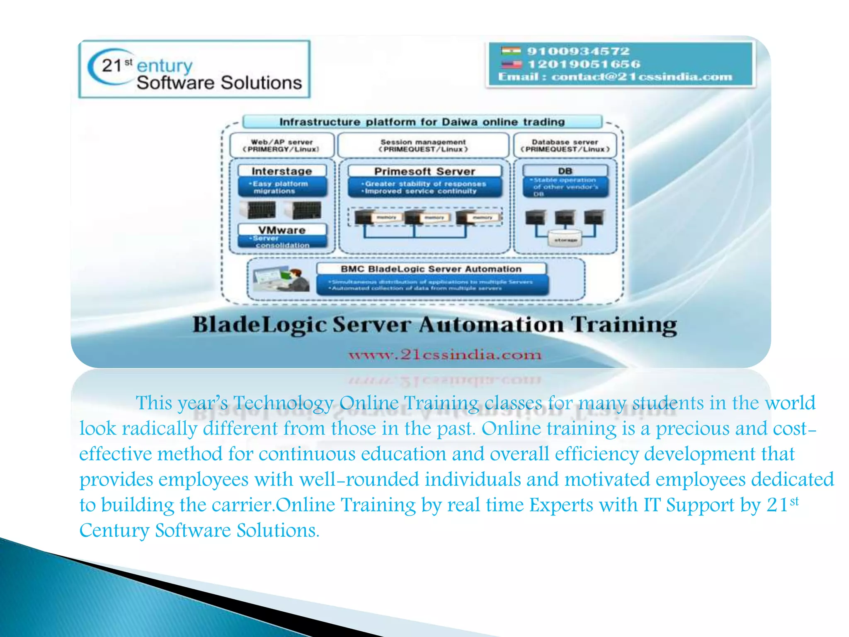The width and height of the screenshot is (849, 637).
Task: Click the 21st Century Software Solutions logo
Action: (194, 69)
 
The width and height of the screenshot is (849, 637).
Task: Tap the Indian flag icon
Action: (510, 51)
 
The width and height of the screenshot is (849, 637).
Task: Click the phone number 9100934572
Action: (578, 51)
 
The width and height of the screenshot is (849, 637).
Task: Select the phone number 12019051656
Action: (584, 64)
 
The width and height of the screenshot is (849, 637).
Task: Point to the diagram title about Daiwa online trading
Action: (422, 122)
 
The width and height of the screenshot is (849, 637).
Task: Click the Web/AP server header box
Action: (281, 145)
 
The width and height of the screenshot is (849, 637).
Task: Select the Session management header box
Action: (423, 145)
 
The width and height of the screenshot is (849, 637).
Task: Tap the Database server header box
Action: (565, 145)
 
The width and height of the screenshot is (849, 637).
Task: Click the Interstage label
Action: (281, 171)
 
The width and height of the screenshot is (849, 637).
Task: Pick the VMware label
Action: (281, 230)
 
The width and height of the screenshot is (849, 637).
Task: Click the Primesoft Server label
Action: (424, 171)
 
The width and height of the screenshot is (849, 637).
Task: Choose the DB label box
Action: (565, 170)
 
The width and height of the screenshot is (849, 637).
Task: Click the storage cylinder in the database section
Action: (565, 239)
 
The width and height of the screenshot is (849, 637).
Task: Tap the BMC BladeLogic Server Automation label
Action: (431, 269)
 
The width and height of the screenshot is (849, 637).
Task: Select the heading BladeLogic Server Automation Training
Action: (434, 325)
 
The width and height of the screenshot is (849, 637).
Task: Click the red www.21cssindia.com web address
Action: (445, 355)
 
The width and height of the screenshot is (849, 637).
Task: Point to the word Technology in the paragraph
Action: (283, 403)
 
